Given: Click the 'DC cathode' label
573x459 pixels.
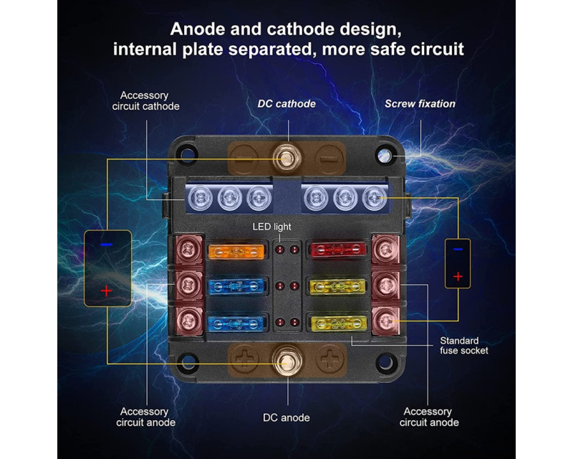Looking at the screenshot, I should coord(286,104).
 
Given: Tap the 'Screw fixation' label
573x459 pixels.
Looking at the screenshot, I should coord(420,104).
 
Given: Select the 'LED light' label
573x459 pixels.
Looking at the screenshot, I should coord(271,227).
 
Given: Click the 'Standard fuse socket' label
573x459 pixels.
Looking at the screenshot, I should coord(465,346).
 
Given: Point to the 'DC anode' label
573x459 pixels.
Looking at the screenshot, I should coord(287,417).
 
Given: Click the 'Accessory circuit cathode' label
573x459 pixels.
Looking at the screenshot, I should coord(145,100).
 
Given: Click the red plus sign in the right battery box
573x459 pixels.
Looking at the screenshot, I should coord(458,275).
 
